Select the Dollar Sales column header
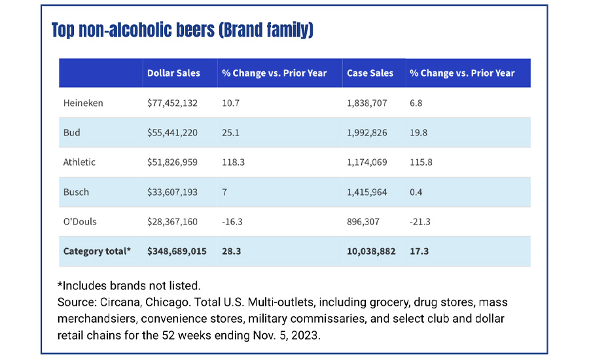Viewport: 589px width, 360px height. (173, 73)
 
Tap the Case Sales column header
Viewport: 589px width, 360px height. (370, 73)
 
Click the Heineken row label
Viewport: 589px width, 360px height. (83, 103)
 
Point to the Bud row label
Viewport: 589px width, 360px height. (72, 132)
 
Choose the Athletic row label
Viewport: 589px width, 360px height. (80, 162)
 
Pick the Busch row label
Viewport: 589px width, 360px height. (76, 192)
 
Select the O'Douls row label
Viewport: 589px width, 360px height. (80, 221)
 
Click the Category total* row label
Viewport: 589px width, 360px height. (97, 251)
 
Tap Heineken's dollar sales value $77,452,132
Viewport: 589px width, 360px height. (173, 103)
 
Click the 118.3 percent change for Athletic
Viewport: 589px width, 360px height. (234, 162)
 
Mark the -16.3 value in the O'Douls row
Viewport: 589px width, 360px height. (232, 221)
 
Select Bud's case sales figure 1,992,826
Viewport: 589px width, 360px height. (366, 132)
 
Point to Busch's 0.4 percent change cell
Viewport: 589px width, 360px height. (416, 192)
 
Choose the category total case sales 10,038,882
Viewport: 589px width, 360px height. (370, 251)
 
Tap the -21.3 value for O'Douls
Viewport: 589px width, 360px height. (420, 221)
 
